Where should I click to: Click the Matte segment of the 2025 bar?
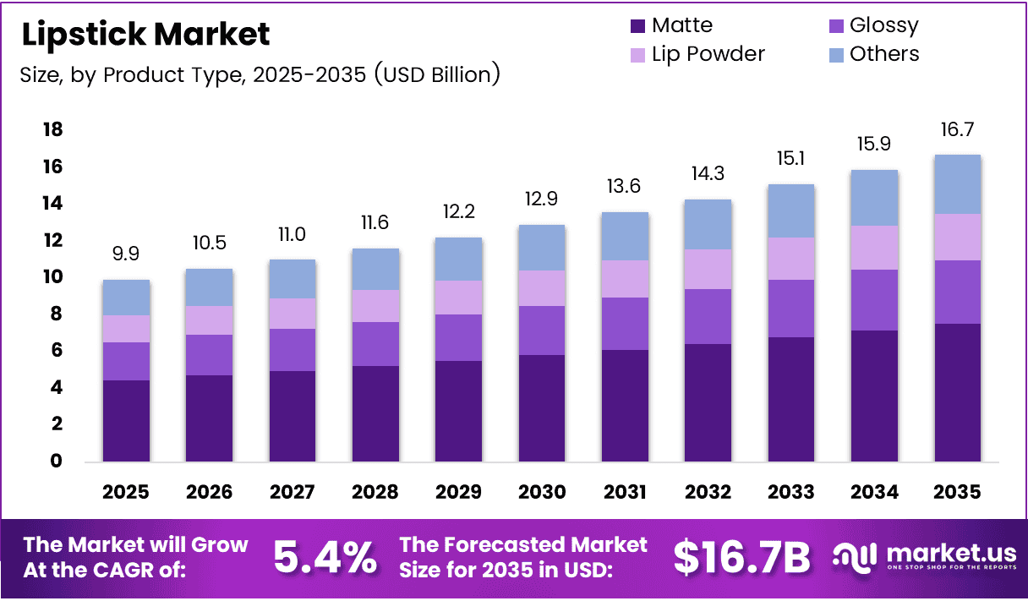point(127,420)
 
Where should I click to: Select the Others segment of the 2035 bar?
point(957,184)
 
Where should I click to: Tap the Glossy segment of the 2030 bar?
point(542,331)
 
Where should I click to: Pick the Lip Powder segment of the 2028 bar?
point(375,306)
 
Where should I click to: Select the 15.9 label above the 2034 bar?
point(874,145)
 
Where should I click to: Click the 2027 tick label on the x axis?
point(293,491)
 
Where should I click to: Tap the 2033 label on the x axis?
point(791,491)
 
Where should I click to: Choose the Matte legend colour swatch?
point(638,26)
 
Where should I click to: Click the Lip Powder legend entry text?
point(708,54)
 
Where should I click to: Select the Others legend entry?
point(884,54)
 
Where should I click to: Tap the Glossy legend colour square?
point(835,26)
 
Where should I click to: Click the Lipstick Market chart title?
point(145,34)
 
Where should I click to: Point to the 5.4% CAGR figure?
point(325,557)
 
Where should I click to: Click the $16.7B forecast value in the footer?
point(741,557)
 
